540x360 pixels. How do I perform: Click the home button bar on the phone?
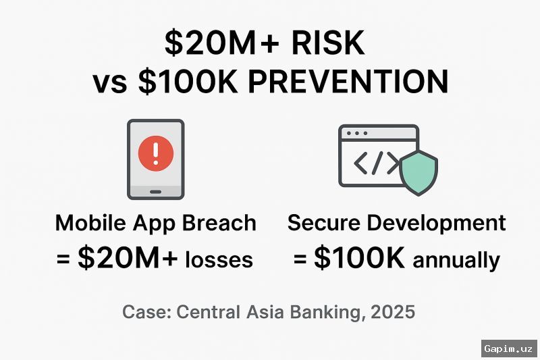click(x=156, y=191)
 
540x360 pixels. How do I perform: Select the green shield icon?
click(x=418, y=171)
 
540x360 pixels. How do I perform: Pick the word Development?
click(x=439, y=224)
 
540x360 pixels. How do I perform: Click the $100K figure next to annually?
click(x=360, y=259)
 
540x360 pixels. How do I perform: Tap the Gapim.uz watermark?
click(x=510, y=349)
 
